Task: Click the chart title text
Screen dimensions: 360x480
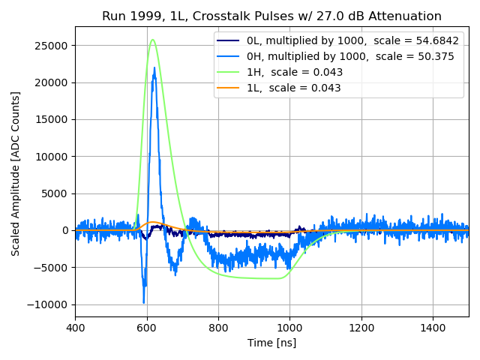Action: tap(271, 16)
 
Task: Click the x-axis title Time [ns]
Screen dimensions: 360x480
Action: tap(271, 343)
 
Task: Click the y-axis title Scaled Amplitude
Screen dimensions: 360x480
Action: tap(16, 173)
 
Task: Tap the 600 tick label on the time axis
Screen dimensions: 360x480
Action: tap(147, 327)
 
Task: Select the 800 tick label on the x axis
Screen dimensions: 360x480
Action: tap(218, 327)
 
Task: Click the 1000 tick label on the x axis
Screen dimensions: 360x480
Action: tap(289, 327)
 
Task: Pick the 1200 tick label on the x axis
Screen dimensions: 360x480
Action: tap(361, 327)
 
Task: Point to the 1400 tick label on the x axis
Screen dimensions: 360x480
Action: tap(433, 327)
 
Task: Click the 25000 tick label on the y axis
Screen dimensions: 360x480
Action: tap(52, 46)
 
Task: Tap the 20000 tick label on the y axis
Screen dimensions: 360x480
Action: tap(52, 82)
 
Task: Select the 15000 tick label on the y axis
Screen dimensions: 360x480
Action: tap(52, 119)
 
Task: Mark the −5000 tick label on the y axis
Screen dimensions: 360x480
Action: tap(52, 268)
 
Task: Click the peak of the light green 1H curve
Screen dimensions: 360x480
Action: tap(153, 40)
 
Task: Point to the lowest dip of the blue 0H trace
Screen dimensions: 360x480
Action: tap(144, 302)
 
